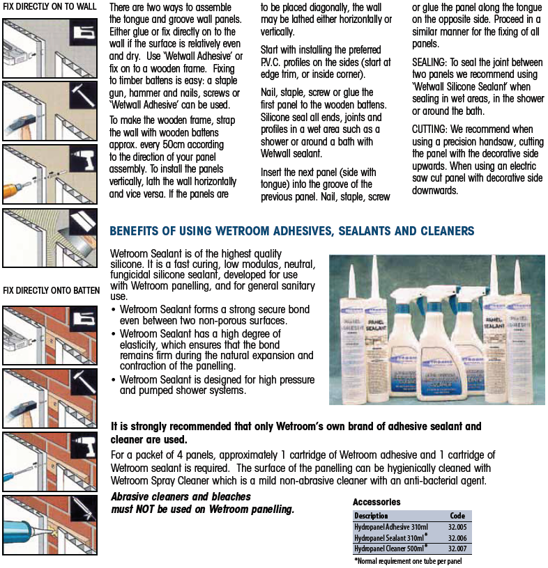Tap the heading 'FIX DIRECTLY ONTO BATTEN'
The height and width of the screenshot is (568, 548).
coord(52,290)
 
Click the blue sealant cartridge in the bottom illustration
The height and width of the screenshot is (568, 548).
coord(21,532)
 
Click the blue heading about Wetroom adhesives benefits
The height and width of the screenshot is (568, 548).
coord(292,231)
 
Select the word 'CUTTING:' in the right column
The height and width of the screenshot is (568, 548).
coord(432,129)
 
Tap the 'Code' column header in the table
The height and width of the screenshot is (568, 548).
coord(457,516)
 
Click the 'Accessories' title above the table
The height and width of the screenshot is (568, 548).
coord(376,502)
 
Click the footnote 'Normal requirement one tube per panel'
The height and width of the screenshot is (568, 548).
coord(408,560)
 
